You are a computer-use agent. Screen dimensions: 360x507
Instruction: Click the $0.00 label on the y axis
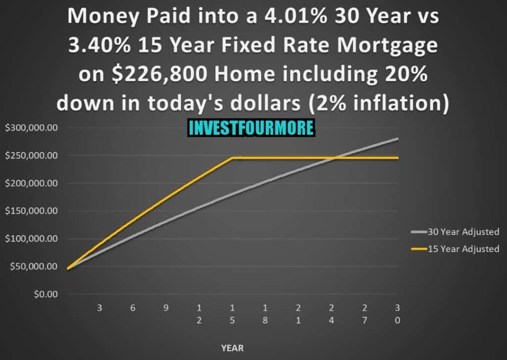coord(45,294)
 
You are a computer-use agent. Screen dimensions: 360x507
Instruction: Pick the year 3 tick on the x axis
coord(100,308)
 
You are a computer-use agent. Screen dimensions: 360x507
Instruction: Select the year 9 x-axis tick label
coord(166,308)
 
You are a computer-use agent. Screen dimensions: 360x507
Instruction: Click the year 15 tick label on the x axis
coord(232,314)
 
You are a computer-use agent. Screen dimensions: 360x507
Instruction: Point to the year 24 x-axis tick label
coord(331,314)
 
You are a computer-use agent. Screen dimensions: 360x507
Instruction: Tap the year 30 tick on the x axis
coord(398,314)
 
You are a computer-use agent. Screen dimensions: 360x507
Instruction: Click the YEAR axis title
coord(232,348)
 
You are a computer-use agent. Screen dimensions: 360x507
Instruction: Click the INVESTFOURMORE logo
coord(251,128)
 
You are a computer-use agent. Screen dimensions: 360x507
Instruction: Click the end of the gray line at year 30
coord(398,139)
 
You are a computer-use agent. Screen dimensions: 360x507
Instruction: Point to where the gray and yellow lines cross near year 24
coord(335,158)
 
